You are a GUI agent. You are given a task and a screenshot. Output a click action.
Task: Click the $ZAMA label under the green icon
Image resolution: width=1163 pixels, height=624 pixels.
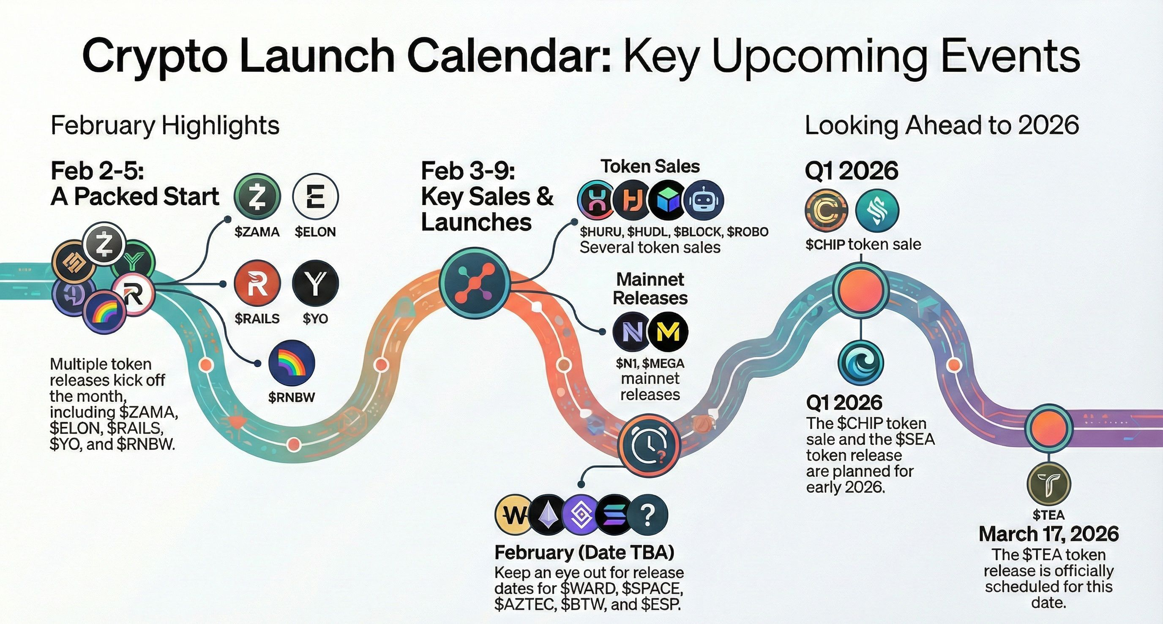[x=257, y=232]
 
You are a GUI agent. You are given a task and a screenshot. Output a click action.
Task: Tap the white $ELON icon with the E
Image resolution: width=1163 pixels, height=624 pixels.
[x=316, y=197]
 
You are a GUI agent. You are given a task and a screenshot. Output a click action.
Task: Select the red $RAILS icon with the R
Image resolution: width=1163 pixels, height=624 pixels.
[x=257, y=283]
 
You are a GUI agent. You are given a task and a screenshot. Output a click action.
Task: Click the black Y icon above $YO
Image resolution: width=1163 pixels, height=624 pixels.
[x=316, y=283]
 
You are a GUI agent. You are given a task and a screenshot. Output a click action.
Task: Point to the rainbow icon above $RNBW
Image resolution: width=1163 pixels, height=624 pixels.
[x=292, y=363]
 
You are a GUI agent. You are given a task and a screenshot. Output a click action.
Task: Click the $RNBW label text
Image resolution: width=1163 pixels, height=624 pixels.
[x=292, y=398]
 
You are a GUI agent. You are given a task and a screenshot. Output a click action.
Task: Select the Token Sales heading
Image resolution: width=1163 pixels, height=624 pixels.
[x=650, y=166]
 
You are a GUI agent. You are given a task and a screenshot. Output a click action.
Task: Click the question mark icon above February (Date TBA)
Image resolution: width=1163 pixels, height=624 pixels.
[x=647, y=515]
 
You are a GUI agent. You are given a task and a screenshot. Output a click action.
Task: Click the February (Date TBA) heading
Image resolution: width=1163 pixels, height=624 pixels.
[x=584, y=552]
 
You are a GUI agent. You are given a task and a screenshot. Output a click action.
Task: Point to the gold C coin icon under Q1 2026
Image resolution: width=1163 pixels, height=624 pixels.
[x=826, y=211]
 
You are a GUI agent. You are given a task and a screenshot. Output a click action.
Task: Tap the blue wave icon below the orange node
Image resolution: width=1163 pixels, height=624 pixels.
[x=860, y=363]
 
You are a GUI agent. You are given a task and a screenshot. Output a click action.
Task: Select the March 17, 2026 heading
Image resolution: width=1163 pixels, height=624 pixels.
[x=1049, y=534]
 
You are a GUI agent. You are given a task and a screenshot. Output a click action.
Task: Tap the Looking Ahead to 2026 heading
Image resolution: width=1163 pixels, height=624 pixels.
[x=942, y=125]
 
